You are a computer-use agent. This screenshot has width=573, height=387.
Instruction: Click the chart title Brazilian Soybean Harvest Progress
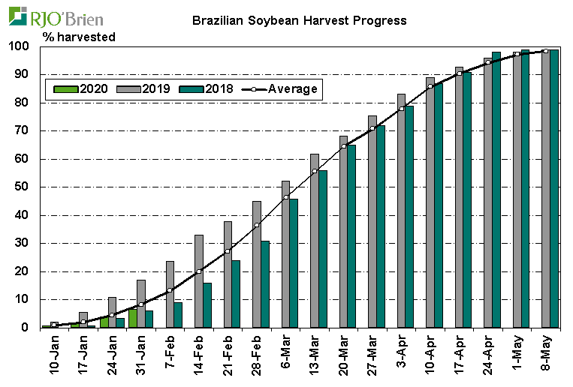pyautogui.click(x=299, y=20)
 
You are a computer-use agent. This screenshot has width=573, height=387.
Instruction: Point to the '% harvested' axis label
pyautogui.click(x=79, y=36)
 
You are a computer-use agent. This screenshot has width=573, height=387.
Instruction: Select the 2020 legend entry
pyautogui.click(x=82, y=88)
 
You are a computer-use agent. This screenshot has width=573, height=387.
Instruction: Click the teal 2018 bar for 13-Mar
pyautogui.click(x=323, y=249)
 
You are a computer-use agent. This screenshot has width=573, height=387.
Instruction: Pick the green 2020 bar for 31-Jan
pyautogui.click(x=132, y=318)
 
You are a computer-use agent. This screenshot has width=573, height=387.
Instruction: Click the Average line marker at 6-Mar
pyautogui.click(x=286, y=197)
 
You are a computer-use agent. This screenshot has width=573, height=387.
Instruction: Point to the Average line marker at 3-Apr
pyautogui.click(x=402, y=109)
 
